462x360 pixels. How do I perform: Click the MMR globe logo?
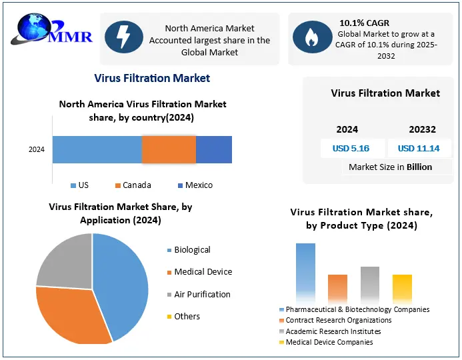point(36,31)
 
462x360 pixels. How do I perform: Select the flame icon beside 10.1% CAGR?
point(310,39)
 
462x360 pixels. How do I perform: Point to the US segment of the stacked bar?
point(97,149)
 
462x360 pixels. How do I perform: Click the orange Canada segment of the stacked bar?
point(169,149)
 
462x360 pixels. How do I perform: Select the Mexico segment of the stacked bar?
point(213,149)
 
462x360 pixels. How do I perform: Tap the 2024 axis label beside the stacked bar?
point(37,149)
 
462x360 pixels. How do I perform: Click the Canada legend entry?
point(133,185)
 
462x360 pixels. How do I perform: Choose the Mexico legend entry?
point(195,185)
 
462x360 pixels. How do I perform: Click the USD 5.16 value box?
point(351,148)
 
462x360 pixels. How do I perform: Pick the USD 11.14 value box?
point(419,148)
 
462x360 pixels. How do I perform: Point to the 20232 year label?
point(419,129)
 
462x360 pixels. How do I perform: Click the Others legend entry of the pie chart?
point(187,316)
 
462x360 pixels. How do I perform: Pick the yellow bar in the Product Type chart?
point(402,287)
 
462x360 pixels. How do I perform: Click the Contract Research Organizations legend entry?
point(339,320)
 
